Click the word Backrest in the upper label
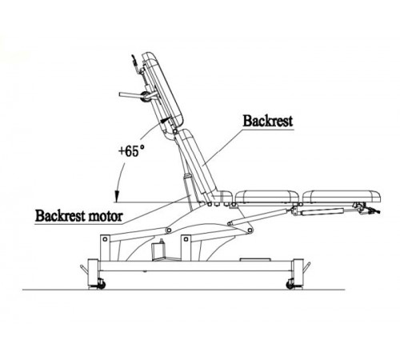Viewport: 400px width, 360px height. (267, 121)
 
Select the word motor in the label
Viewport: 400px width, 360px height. (106, 216)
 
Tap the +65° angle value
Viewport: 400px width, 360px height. (131, 151)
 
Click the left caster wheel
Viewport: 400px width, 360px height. (101, 284)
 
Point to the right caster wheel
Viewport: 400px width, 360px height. (290, 285)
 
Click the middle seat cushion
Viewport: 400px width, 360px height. (266, 196)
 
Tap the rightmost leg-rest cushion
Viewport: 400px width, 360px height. (342, 196)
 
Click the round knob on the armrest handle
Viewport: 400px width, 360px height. (146, 96)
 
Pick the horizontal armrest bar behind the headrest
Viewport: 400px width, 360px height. (130, 94)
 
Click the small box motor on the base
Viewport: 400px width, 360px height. (159, 250)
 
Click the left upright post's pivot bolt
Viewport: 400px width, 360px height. (105, 239)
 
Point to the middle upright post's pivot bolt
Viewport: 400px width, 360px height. (186, 239)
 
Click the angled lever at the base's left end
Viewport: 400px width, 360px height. (84, 269)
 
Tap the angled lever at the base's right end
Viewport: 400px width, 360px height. (306, 267)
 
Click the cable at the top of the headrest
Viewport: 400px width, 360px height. (135, 64)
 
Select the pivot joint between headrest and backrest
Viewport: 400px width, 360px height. (175, 131)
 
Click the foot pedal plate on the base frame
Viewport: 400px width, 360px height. (255, 259)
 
